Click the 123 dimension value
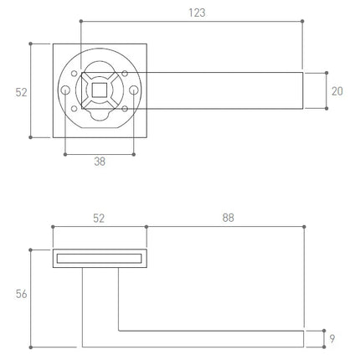coord(197,13)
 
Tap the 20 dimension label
coord(337,91)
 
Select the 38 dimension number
coord(100,162)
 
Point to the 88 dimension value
coord(229,218)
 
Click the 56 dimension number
coord(22,294)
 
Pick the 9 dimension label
coord(332,339)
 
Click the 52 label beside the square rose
coord(22,92)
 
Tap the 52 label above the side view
coord(99,219)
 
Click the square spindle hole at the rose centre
coord(100,90)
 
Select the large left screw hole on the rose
coord(65,90)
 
